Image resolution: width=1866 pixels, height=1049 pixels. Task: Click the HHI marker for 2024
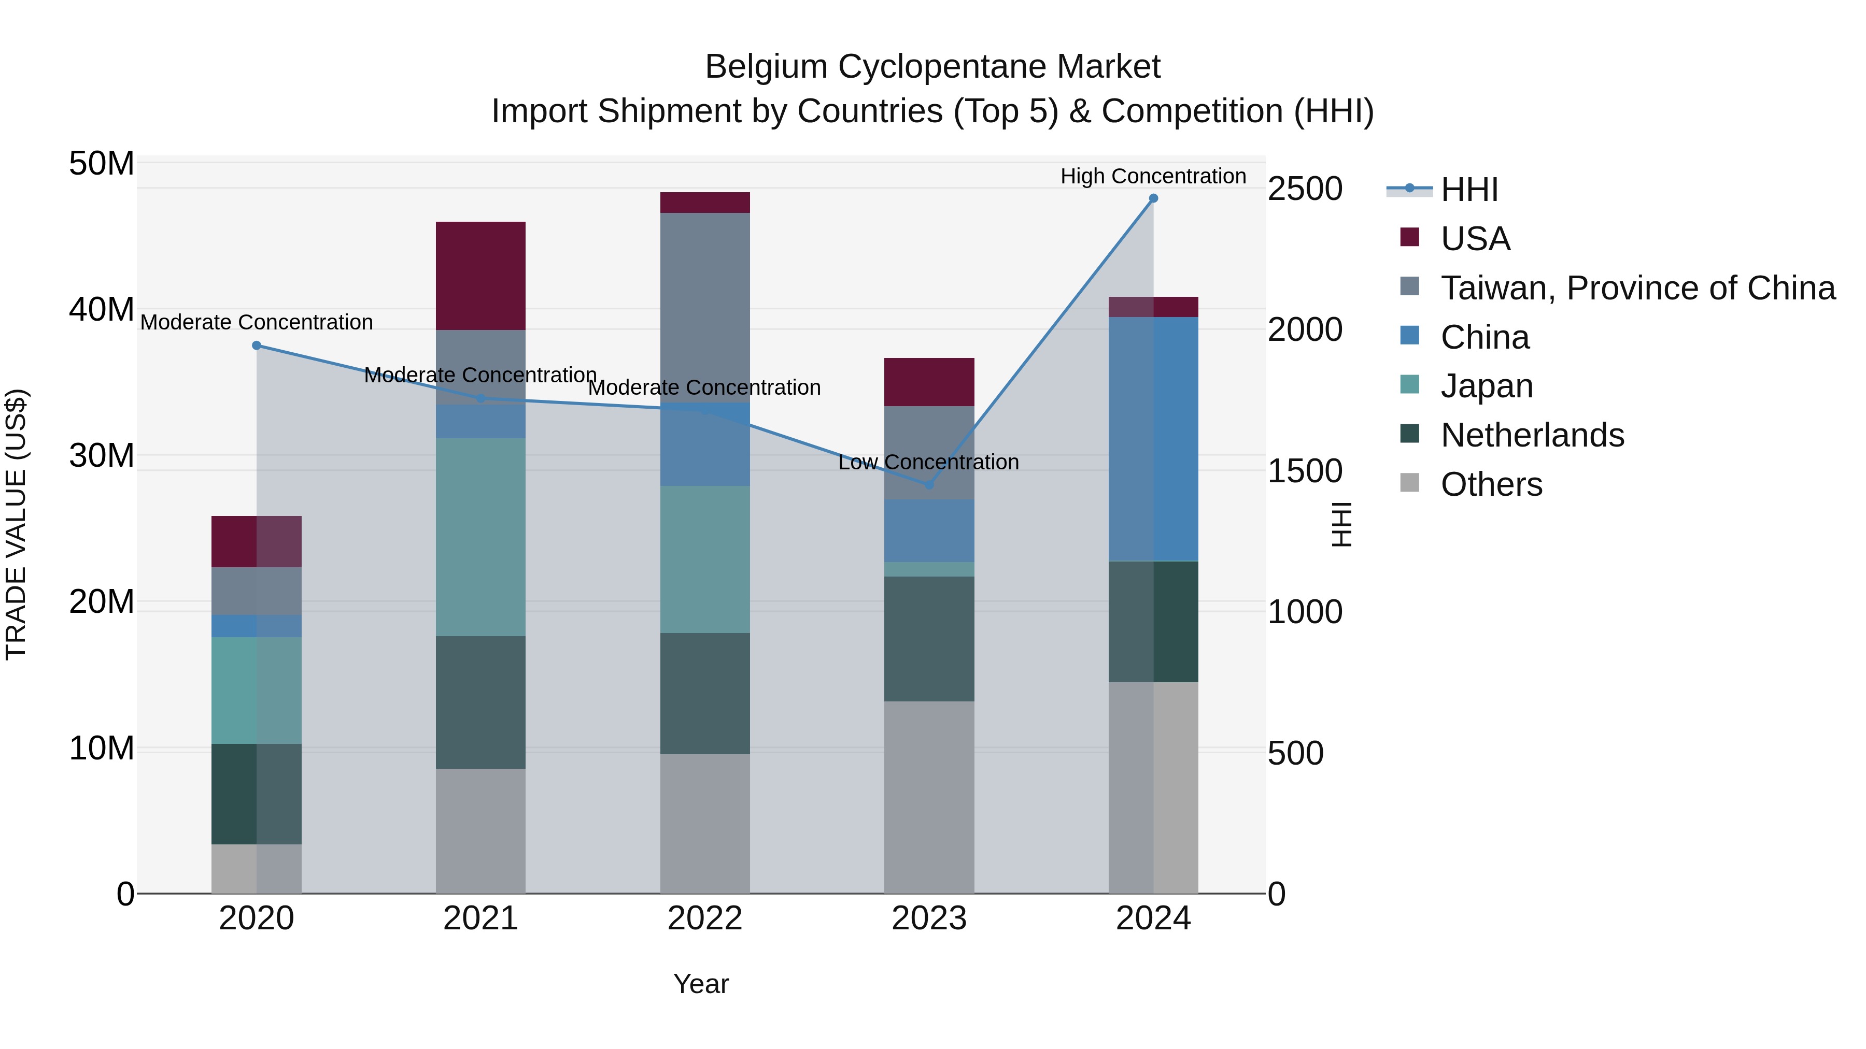point(1153,198)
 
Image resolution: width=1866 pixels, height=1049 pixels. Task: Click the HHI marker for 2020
point(257,346)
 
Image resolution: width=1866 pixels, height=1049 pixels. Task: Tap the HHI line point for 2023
point(929,485)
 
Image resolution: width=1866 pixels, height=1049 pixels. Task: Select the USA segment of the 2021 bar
point(480,276)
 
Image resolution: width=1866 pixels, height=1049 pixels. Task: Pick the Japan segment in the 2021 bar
point(480,537)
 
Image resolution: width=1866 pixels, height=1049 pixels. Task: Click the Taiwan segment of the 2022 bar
point(705,308)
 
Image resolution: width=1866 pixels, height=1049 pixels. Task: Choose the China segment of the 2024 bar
point(1153,439)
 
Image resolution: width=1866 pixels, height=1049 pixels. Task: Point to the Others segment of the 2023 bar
point(929,796)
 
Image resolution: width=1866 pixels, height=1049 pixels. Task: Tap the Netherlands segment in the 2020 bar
point(257,794)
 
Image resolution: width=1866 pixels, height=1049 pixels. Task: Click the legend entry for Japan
point(1487,386)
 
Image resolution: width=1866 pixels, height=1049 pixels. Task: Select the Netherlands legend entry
point(1532,435)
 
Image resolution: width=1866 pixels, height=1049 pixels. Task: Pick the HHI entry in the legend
point(1469,190)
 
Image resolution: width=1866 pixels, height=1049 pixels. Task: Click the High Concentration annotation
point(1153,176)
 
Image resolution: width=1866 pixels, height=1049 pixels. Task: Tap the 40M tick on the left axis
point(102,309)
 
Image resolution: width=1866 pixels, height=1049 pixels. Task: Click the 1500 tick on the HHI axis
point(1305,471)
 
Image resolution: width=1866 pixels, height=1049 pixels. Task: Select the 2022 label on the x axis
point(705,918)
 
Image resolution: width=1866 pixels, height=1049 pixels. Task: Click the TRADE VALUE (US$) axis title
point(16,524)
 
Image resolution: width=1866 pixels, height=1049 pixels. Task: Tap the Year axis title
point(700,984)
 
